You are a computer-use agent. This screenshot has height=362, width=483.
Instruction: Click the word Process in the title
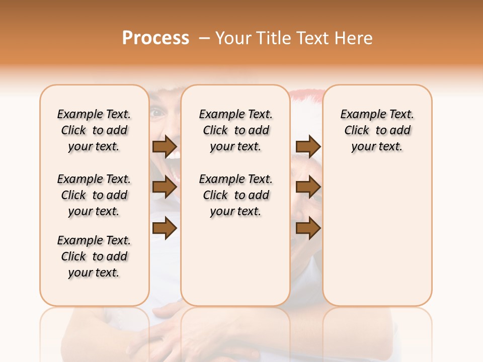[x=155, y=38]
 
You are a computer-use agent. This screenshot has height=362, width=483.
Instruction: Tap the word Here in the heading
[x=354, y=38]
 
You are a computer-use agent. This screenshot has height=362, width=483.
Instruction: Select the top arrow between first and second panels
[x=165, y=147]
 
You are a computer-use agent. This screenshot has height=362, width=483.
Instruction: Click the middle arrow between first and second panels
[x=165, y=188]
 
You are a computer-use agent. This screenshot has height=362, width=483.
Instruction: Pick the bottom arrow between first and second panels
[x=165, y=228]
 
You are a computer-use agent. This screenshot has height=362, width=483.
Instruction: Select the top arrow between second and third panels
[x=308, y=147]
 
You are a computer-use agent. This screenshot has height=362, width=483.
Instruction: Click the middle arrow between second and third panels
[x=308, y=188]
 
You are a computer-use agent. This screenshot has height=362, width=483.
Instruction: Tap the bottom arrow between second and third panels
[x=308, y=228]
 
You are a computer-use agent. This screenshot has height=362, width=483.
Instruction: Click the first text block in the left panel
[x=94, y=130]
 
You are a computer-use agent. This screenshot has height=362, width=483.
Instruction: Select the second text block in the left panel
[x=94, y=195]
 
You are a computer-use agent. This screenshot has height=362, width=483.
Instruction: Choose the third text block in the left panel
[x=94, y=256]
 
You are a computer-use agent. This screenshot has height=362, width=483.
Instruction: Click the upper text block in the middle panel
[x=235, y=130]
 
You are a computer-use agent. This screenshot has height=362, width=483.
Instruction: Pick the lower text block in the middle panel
[x=235, y=195]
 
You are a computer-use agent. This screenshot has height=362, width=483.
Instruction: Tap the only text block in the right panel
[x=377, y=130]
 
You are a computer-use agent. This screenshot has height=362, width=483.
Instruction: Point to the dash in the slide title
[x=204, y=39]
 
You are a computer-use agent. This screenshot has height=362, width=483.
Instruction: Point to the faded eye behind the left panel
[x=157, y=113]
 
